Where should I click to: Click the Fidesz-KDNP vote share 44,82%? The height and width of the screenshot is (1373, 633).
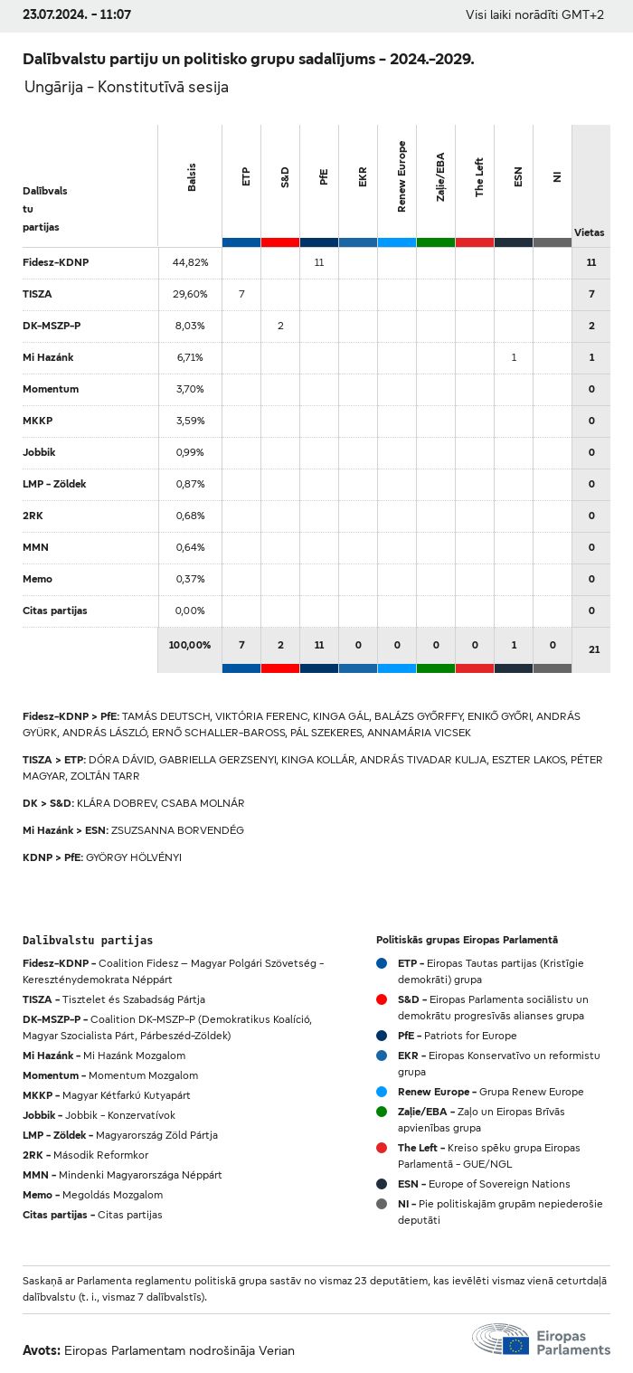pyautogui.click(x=190, y=262)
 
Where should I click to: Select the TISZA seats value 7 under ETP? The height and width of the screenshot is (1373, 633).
pyautogui.click(x=241, y=294)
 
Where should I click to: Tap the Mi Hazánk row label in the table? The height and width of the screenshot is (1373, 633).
pyautogui.click(x=48, y=357)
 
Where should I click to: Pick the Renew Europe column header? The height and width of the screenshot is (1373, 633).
pyautogui.click(x=402, y=176)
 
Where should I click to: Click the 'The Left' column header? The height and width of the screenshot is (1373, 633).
pyautogui.click(x=480, y=177)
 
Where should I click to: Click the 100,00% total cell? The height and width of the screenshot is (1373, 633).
pyautogui.click(x=190, y=645)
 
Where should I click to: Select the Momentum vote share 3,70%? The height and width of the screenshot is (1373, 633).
pyautogui.click(x=190, y=389)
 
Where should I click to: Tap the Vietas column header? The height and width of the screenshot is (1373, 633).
pyautogui.click(x=590, y=232)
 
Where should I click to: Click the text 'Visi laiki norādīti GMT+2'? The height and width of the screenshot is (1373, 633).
pyautogui.click(x=534, y=15)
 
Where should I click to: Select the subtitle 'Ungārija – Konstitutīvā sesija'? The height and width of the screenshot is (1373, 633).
pyautogui.click(x=127, y=88)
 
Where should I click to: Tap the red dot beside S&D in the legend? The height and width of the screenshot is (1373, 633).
pyautogui.click(x=382, y=999)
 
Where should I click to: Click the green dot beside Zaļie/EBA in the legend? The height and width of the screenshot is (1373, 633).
pyautogui.click(x=382, y=1112)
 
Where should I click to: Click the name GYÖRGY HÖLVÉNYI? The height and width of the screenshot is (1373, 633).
pyautogui.click(x=133, y=857)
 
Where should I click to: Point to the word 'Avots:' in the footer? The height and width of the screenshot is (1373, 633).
pyautogui.click(x=42, y=1350)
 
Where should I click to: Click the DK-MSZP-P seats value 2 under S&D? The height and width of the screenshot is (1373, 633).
pyautogui.click(x=280, y=326)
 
